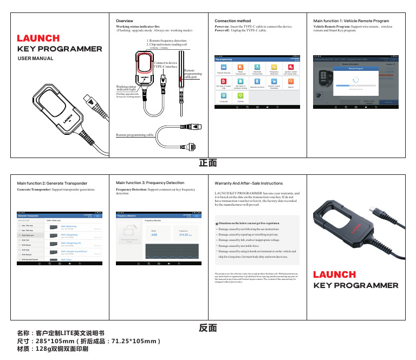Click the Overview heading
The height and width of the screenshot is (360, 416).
click(126, 21)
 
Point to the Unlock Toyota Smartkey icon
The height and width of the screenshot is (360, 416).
click(274, 83)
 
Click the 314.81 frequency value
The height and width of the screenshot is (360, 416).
click(186, 235)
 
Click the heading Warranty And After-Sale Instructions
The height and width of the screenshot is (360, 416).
click(249, 184)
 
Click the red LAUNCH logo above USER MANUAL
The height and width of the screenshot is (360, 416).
click(38, 38)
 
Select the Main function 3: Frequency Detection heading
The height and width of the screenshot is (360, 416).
click(150, 184)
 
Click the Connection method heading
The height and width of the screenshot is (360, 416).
click(233, 21)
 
